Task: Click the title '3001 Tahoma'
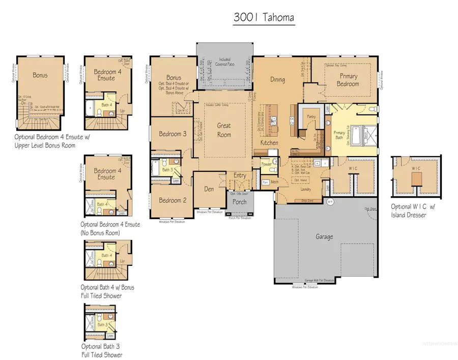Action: click(264, 17)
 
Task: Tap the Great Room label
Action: click(224, 130)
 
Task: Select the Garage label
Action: click(324, 236)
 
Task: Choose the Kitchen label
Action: click(270, 143)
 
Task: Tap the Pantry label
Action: click(312, 116)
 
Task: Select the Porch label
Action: click(239, 202)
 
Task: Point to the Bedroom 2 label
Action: click(173, 200)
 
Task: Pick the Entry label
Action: click(240, 176)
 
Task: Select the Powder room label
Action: click(266, 164)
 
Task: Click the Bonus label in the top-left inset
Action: click(40, 75)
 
